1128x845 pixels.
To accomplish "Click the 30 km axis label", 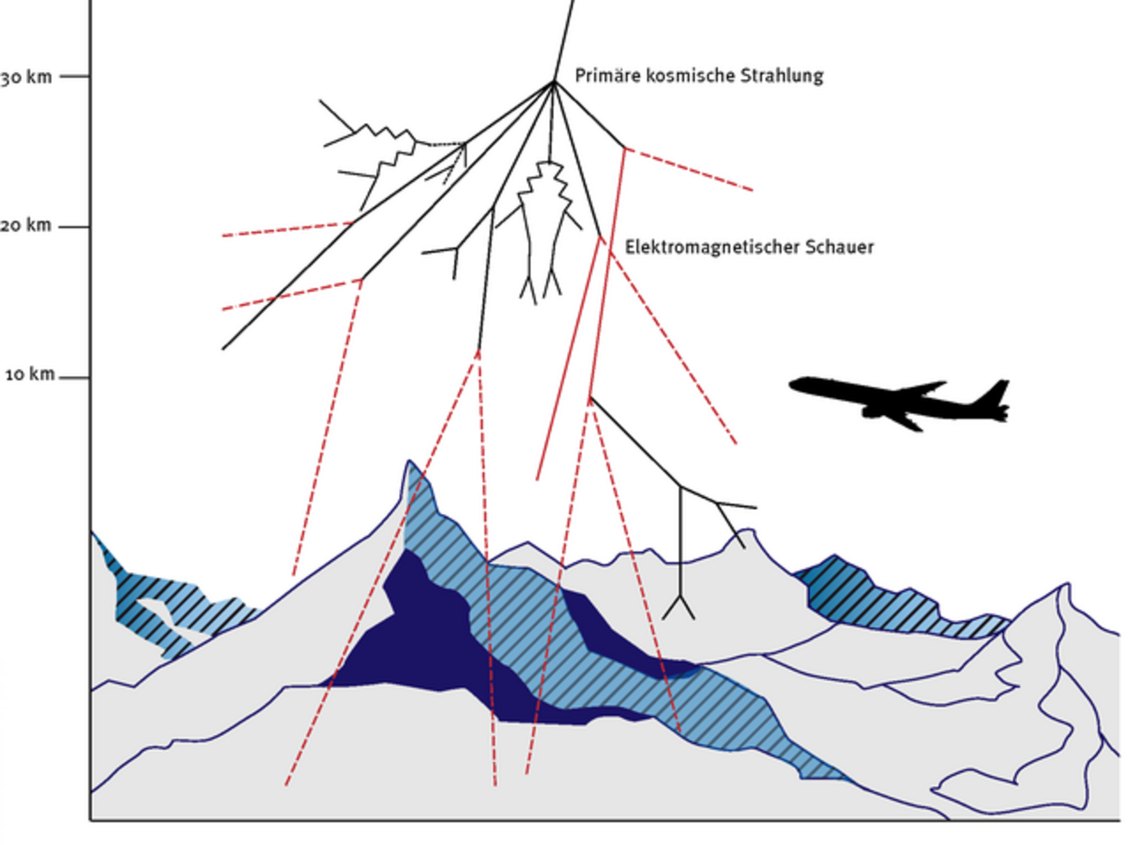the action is tap(26, 77).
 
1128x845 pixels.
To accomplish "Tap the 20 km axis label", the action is tap(26, 225).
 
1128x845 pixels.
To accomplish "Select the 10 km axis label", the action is tap(30, 375).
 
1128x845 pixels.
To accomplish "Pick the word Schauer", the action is tap(840, 247).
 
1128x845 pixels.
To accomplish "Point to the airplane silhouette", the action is tap(899, 403).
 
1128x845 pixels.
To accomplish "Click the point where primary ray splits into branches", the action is tap(554, 82).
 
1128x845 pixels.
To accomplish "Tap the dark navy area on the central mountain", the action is tap(434, 642).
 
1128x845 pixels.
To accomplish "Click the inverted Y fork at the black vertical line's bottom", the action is tap(679, 607).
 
